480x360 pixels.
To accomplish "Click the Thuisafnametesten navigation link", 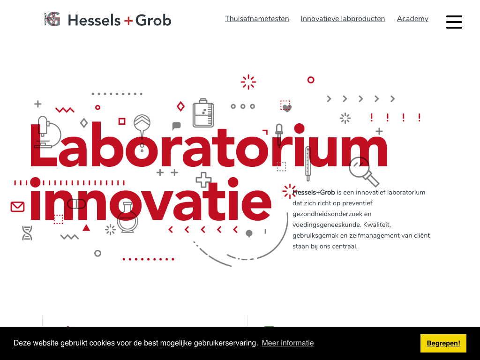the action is [257, 19].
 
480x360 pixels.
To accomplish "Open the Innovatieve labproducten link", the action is [343, 19].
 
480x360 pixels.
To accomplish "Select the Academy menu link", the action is [412, 19].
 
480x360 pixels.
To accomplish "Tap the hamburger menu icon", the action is [454, 22].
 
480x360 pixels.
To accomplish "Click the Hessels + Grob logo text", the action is [120, 20].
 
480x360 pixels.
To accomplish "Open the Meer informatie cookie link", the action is [288, 343].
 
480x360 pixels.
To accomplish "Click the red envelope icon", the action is [17, 207].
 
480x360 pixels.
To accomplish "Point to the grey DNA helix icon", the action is [27, 233].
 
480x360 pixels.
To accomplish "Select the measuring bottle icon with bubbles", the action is [203, 112].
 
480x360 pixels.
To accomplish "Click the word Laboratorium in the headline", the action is [209, 145].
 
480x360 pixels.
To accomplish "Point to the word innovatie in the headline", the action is [150, 199].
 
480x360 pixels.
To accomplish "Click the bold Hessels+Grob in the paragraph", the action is [314, 192].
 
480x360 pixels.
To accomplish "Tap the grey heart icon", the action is [287, 108].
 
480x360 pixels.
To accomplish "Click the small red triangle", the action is [86, 228].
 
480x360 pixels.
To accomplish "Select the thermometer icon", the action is [308, 164].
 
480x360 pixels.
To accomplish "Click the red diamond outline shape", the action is [180, 106].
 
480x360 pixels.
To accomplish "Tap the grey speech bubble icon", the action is [176, 126].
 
